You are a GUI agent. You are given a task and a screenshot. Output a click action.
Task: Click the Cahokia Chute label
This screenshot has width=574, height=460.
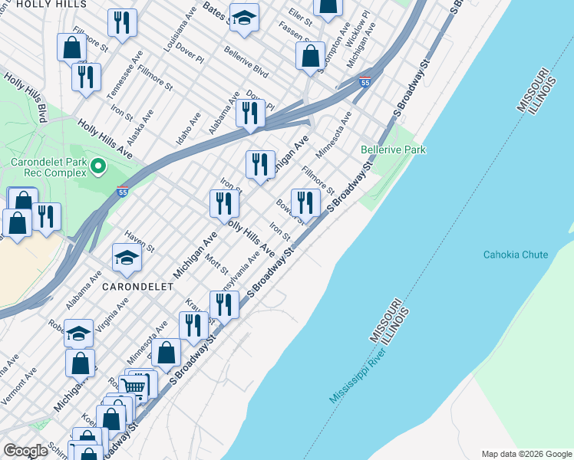coord(515,255)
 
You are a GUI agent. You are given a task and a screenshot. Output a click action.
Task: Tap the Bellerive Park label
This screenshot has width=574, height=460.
coord(393,150)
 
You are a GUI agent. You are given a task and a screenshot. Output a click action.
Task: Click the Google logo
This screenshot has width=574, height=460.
coord(25,451)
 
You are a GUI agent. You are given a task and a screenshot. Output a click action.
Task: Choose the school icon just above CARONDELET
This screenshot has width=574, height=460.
coord(127,258)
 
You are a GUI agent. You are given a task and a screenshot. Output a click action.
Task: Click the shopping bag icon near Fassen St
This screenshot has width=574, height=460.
coord(310,56)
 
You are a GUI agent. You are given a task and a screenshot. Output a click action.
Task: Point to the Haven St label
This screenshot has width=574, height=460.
coord(140,244)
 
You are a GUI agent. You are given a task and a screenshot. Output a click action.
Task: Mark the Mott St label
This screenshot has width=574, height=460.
coord(217,264)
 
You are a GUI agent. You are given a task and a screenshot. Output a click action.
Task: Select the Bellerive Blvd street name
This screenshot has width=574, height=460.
coord(246,62)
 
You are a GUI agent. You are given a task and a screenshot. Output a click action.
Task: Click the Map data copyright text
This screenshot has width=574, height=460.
coord(525,453)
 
